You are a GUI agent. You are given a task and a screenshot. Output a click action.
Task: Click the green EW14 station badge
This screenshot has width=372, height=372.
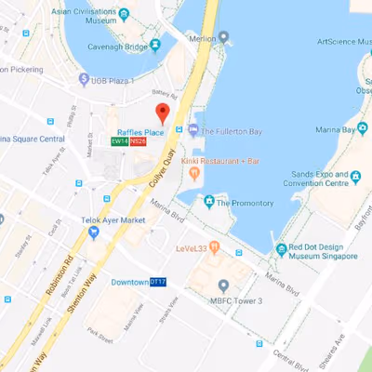point(118,141)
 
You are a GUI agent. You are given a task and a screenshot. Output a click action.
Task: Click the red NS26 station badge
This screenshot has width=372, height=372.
point(137,141)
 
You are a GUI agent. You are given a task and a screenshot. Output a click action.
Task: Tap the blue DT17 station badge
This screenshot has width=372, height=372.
point(158,282)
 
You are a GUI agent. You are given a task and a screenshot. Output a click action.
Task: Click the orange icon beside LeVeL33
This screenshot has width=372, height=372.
point(213,247)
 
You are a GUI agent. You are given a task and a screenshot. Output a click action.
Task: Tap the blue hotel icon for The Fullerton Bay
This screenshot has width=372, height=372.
point(193,129)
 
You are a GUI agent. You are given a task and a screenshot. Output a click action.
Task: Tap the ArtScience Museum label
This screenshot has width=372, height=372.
point(330,41)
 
